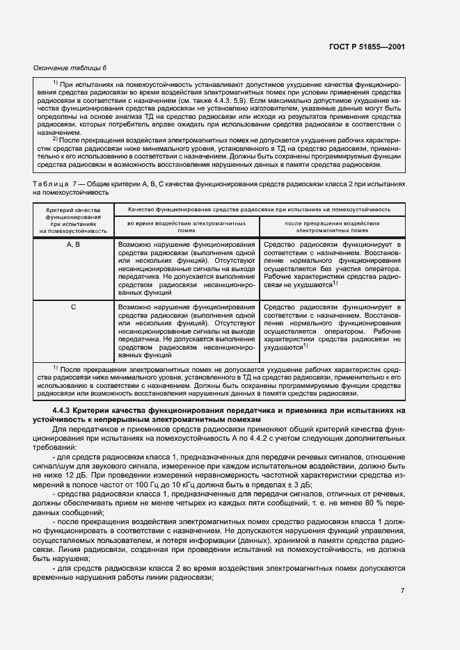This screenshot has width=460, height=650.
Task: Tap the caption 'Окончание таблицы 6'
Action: (x=70, y=67)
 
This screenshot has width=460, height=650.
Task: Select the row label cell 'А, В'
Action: (x=74, y=245)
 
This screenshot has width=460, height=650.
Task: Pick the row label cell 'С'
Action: (x=74, y=307)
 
